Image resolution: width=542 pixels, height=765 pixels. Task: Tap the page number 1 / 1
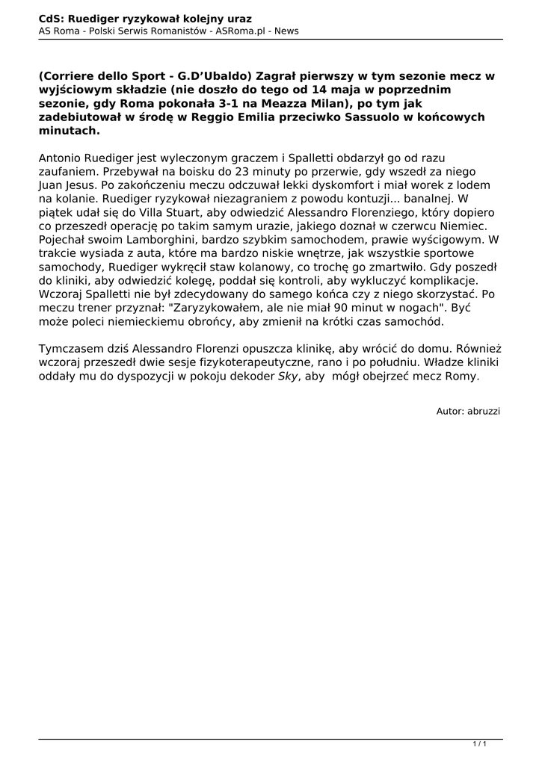point(480,744)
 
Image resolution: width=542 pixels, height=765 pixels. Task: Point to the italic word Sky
point(288,376)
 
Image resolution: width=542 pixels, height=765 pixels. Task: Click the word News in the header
point(286,31)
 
